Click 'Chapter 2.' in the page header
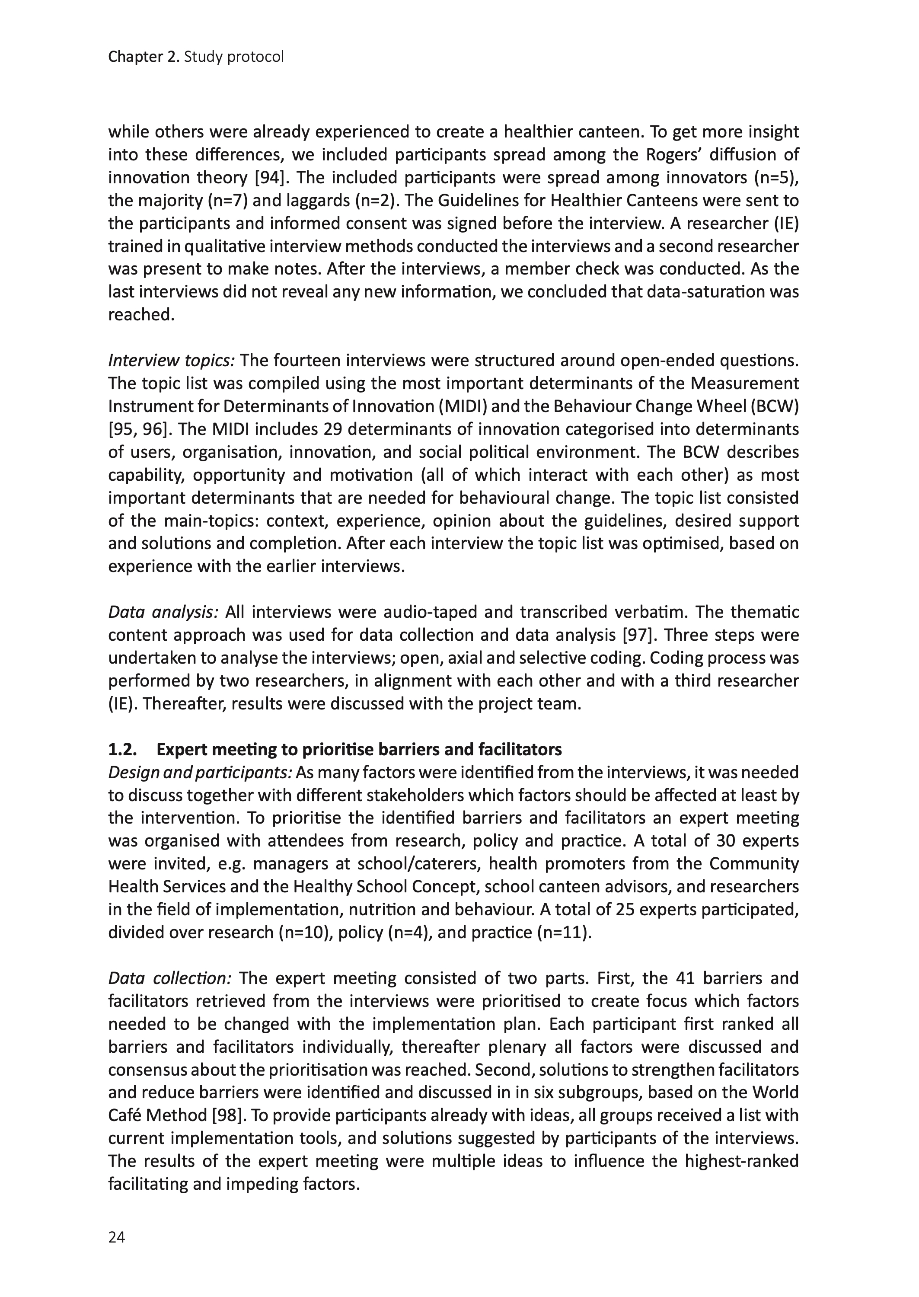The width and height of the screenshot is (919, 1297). coord(145,57)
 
